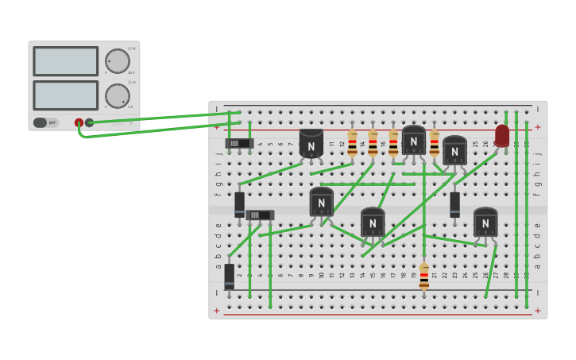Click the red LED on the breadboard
502,135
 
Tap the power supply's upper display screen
65,61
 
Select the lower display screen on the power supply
65,95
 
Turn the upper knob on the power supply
118,61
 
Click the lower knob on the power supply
118,96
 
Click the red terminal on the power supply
79,122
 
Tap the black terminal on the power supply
90,122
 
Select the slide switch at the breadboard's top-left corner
239,144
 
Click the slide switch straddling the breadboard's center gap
260,215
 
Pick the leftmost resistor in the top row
353,143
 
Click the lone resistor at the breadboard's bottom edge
424,277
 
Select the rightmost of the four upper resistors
435,143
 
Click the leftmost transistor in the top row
311,144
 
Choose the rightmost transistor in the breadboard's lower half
485,223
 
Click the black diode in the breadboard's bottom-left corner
230,276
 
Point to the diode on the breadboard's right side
455,203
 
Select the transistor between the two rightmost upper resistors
414,141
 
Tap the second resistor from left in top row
373,143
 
